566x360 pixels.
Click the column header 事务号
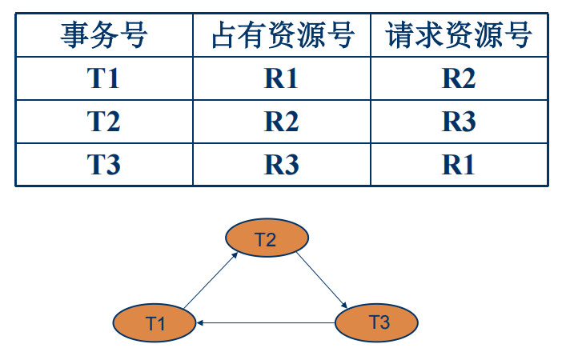coord(104,35)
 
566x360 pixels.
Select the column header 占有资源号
coord(282,35)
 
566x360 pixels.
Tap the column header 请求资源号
coord(459,35)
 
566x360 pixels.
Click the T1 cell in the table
coord(104,78)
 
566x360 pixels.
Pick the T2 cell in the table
coord(104,122)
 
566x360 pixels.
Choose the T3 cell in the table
coord(104,165)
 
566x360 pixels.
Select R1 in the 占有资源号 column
coord(282,78)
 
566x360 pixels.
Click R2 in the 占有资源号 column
coord(282,122)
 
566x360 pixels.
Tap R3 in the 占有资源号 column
coord(282,165)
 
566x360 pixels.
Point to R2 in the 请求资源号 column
coord(459,78)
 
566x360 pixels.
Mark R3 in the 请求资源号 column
coord(459,122)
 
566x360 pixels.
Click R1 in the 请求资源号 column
coord(459,165)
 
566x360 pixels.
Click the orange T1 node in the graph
coord(155,323)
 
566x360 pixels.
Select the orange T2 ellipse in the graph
coord(267,239)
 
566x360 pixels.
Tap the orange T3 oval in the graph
coord(378,322)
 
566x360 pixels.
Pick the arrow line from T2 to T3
coord(322,280)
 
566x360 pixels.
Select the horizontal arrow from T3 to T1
coord(267,323)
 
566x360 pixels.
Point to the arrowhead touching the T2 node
coord(235,254)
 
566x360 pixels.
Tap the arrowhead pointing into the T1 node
coord(202,323)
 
